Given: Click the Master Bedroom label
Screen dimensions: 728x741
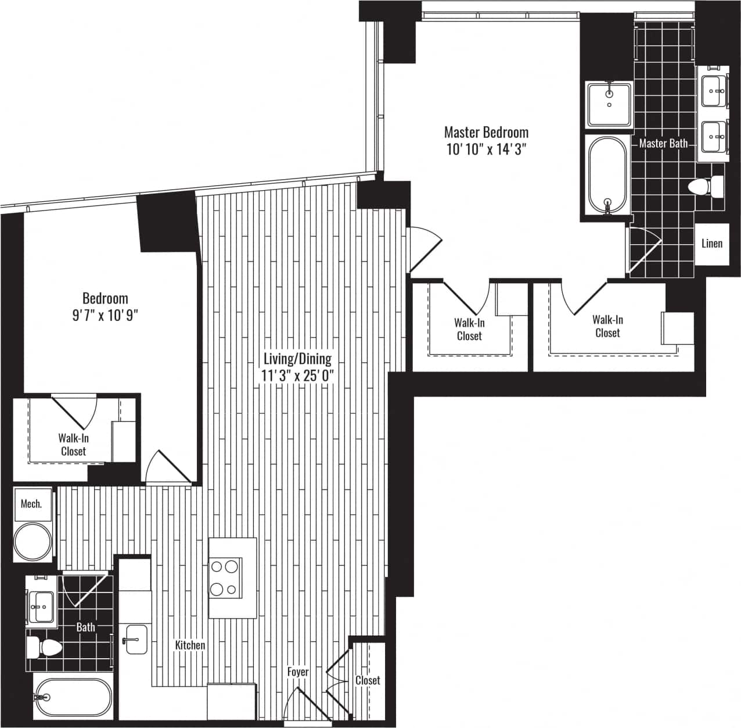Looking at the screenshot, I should tap(486, 132).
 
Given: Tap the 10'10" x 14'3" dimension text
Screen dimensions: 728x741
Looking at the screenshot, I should tap(486, 150).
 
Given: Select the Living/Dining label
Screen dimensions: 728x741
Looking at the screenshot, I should tap(297, 359).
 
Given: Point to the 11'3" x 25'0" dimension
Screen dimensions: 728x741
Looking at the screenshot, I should tap(297, 375).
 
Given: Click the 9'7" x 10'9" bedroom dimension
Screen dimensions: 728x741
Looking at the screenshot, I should tap(105, 316).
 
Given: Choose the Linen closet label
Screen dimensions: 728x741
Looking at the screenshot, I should tap(711, 243).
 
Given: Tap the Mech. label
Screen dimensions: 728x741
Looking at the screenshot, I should tap(31, 504).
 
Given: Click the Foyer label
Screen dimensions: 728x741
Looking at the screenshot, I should tap(298, 672).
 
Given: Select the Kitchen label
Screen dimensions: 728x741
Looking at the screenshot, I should tap(190, 645).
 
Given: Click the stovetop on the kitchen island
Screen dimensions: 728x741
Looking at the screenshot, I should tap(225, 577).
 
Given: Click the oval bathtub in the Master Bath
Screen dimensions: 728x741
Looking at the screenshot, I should tap(607, 174).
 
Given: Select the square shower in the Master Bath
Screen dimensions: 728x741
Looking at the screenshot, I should tap(609, 105).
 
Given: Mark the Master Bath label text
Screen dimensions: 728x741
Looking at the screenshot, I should tap(663, 143).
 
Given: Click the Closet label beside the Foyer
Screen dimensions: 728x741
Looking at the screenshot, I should tap(368, 680).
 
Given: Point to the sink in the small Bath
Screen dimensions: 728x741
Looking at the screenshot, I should tap(40, 607).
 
